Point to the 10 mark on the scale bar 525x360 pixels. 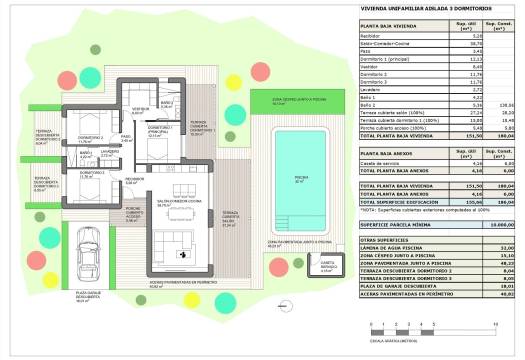pyautogui.click(x=496, y=325)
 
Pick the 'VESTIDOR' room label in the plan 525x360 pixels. pyautogui.click(x=139, y=109)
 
